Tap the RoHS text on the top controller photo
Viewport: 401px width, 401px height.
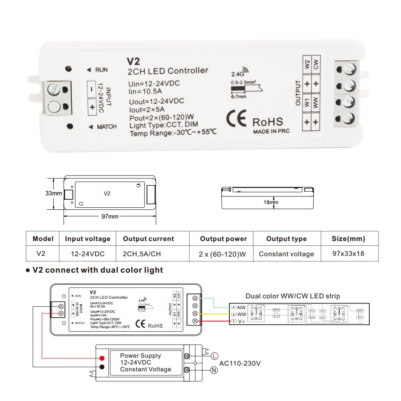(x=267, y=122)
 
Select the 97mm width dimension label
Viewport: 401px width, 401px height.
(x=109, y=217)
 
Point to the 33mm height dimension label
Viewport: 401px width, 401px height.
(x=53, y=193)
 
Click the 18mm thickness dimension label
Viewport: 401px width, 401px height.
(x=271, y=202)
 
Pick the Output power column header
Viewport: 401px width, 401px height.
(x=223, y=239)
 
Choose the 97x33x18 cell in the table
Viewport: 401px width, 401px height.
(x=348, y=254)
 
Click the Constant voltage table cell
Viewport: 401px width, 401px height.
(x=286, y=254)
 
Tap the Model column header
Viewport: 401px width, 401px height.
(x=43, y=239)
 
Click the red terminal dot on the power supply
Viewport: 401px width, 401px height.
(x=102, y=358)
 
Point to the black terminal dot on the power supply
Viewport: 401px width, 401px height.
(x=102, y=367)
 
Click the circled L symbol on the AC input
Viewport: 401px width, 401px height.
(x=215, y=356)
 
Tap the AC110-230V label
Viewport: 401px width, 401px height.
(x=240, y=364)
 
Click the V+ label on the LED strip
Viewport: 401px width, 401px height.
(x=241, y=322)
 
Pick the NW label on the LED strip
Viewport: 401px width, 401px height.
(x=241, y=308)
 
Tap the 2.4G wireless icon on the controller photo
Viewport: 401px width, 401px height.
(x=237, y=73)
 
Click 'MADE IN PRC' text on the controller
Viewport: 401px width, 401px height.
(x=271, y=131)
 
